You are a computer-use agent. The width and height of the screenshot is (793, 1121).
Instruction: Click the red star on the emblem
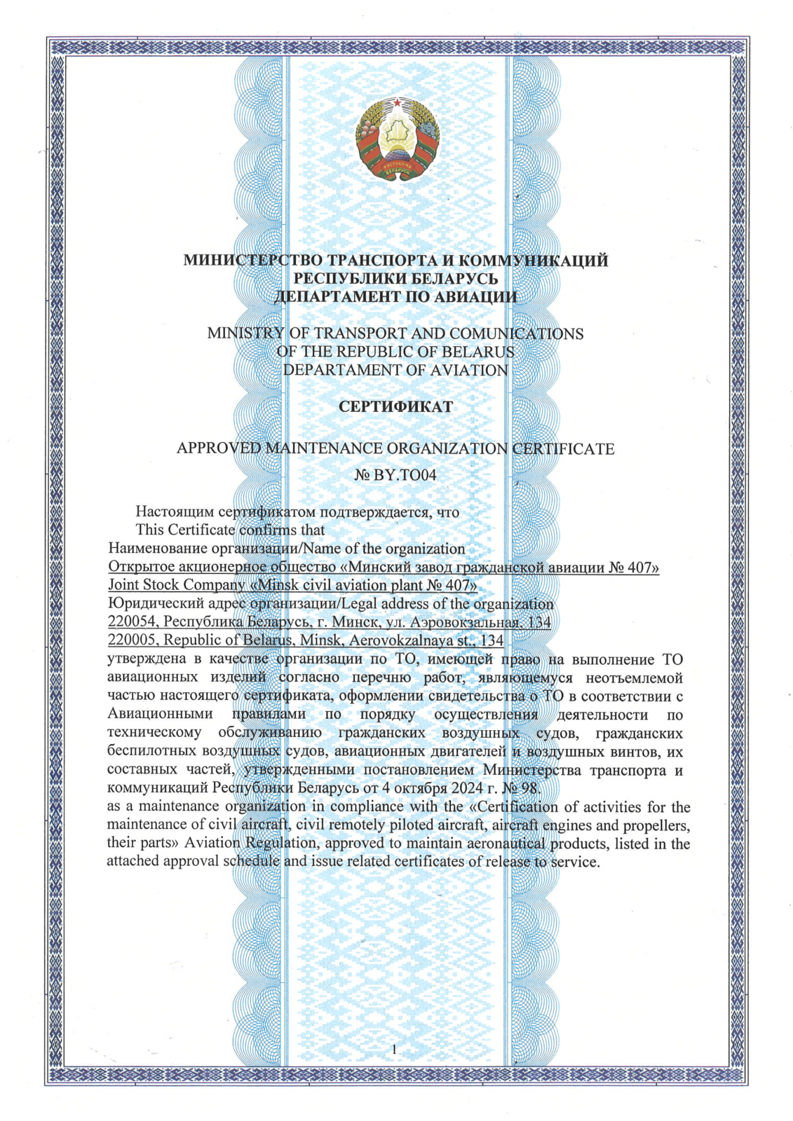(x=398, y=104)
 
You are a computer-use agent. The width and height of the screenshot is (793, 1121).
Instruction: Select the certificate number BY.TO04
(x=405, y=475)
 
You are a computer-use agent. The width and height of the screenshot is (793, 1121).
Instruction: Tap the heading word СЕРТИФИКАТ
(x=395, y=407)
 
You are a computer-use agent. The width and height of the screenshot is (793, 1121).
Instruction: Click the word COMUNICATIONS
(x=516, y=333)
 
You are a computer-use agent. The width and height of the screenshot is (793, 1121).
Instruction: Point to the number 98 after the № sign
(x=530, y=788)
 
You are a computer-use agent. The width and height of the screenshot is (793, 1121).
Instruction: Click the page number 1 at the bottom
(x=395, y=1049)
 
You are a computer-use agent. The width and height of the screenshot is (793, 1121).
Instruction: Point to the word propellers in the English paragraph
(x=658, y=825)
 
